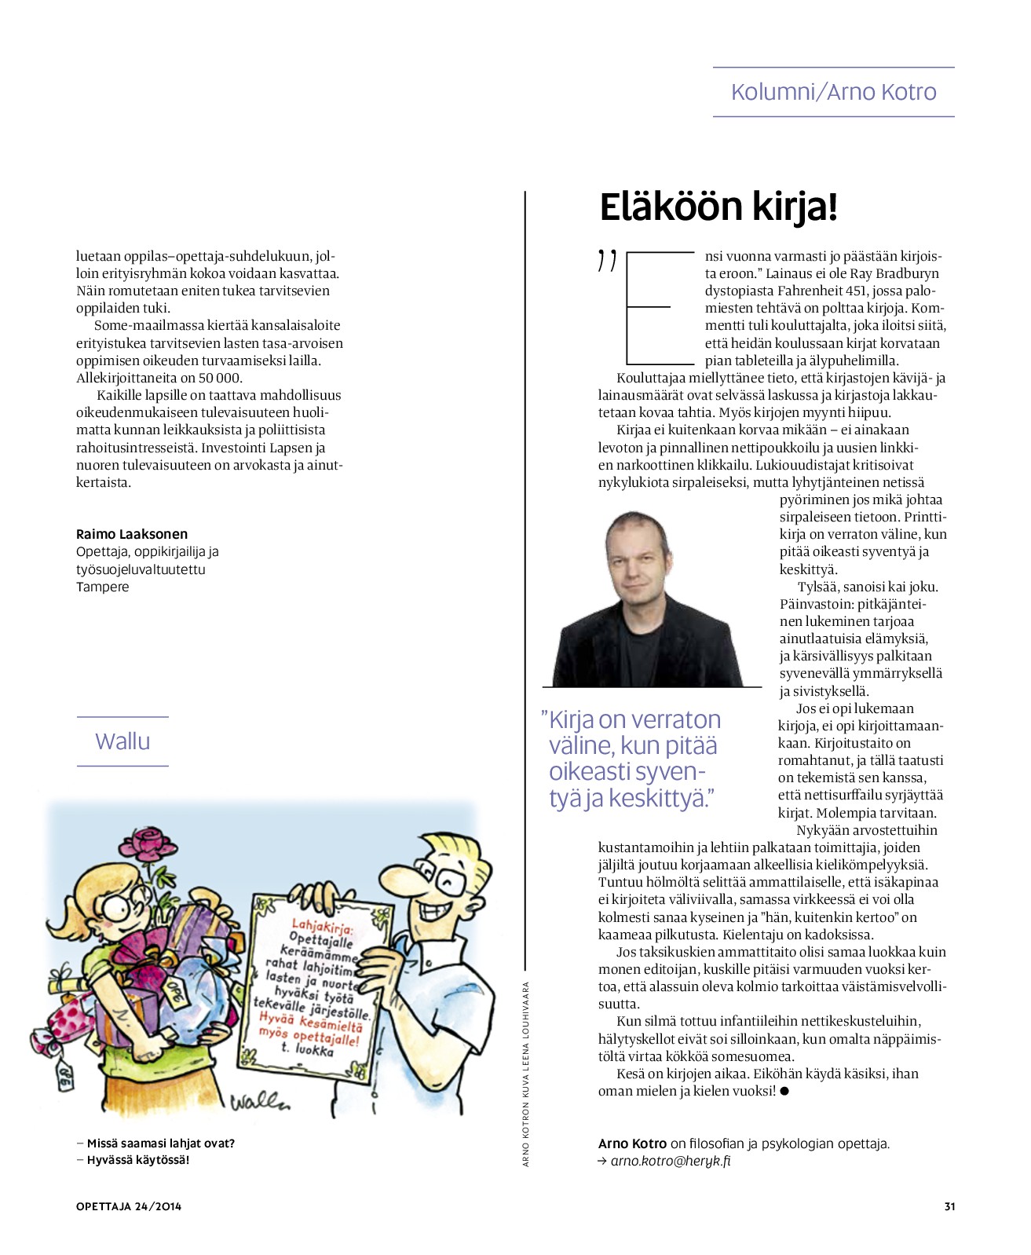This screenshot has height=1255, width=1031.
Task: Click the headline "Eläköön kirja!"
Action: [x=718, y=207]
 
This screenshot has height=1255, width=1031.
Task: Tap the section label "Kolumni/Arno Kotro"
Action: [x=833, y=92]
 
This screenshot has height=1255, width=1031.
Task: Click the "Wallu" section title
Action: [x=122, y=741]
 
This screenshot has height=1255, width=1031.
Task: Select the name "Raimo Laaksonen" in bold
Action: [x=132, y=534]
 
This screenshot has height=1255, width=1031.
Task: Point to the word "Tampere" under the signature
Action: [x=103, y=587]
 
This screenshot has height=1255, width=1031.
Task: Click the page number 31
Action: [x=949, y=1206]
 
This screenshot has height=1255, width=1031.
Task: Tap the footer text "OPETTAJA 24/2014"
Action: [x=129, y=1206]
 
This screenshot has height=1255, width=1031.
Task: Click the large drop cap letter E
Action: [x=657, y=308]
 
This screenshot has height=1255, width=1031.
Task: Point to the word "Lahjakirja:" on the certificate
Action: [x=322, y=927]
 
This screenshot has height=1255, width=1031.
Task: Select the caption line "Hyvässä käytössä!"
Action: [x=137, y=1160]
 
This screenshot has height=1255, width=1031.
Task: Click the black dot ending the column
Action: [x=784, y=1091]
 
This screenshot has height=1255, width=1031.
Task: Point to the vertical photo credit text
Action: [x=526, y=1074]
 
